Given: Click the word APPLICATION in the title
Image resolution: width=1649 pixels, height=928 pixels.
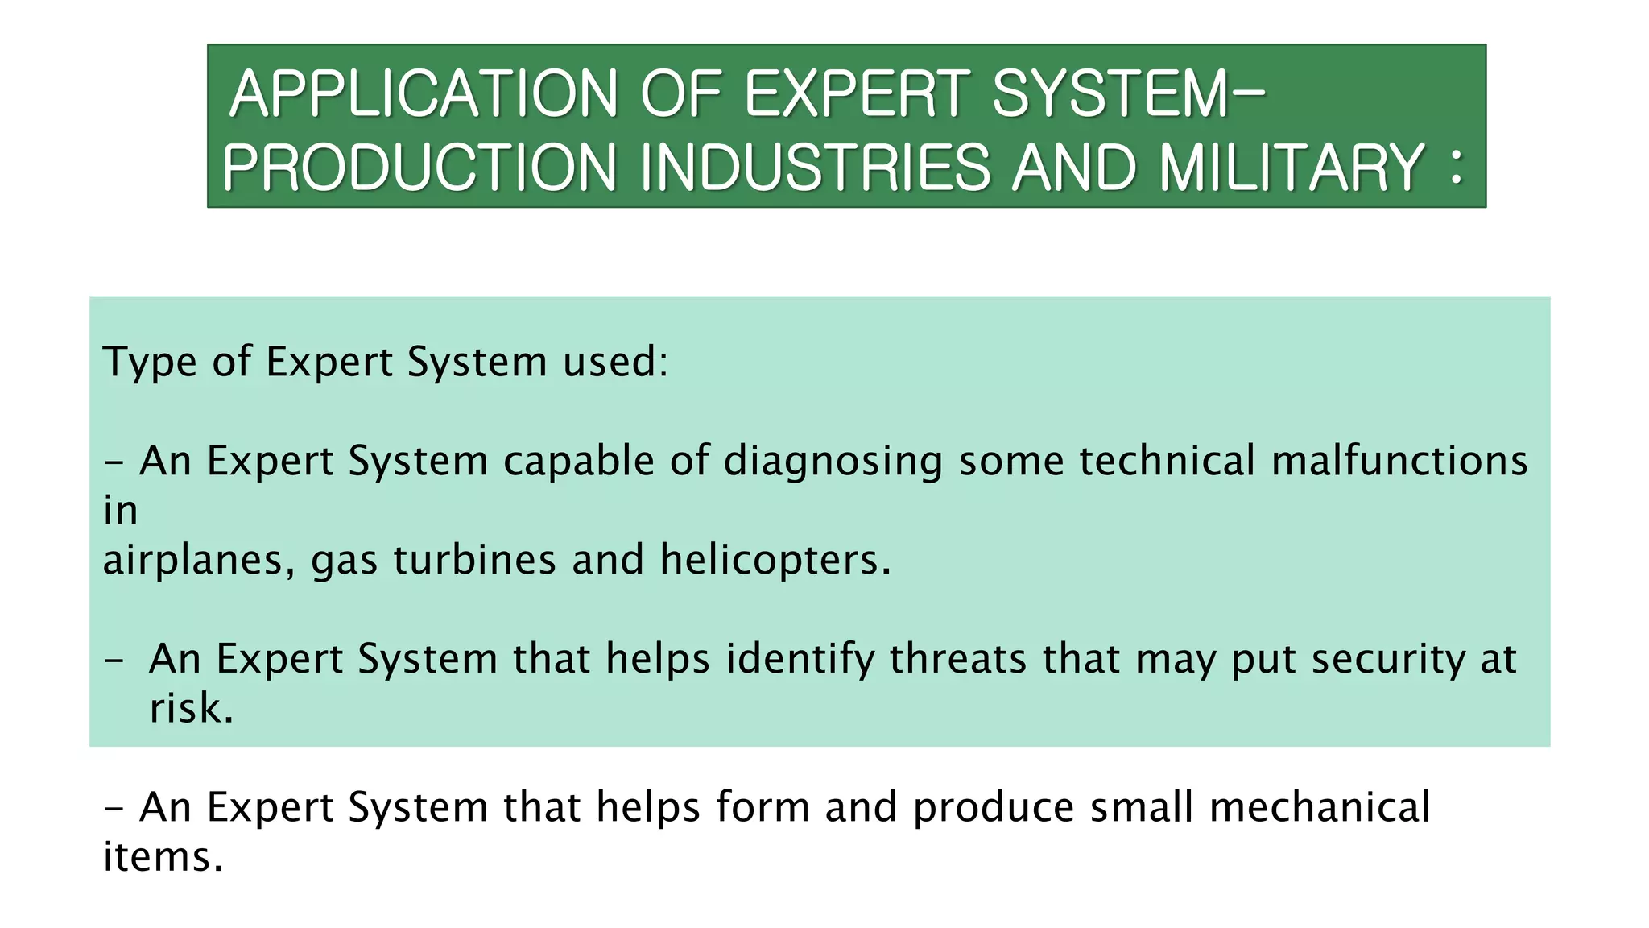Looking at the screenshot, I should tap(424, 94).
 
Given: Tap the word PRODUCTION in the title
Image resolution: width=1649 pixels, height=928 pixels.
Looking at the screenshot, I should tap(419, 168).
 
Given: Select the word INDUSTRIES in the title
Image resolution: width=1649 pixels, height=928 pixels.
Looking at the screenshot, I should tap(815, 168).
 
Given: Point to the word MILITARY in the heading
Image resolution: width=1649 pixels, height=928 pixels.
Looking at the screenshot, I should tap(1292, 168).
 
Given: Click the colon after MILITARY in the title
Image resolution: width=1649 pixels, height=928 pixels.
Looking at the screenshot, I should tap(1455, 168).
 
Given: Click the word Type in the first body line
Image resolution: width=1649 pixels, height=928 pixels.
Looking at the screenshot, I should tap(150, 362).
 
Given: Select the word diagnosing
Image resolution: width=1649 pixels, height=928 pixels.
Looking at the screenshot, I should tap(833, 462).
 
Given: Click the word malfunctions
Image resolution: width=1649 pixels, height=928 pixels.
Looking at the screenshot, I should tap(1399, 462).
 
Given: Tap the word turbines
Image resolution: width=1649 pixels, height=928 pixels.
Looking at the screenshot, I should tap(474, 560).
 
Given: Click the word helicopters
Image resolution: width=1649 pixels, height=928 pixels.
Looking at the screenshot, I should tap(775, 560).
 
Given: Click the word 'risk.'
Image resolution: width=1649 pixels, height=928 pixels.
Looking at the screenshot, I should tap(192, 709).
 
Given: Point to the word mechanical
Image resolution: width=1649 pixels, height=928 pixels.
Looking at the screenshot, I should tap(1320, 807).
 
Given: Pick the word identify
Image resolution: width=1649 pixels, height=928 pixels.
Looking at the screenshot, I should tap(800, 659).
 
